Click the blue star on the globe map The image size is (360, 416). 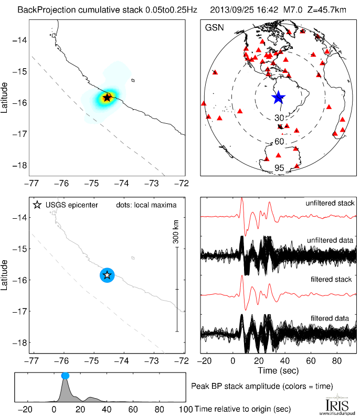(278, 97)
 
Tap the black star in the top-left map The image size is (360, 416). (107, 97)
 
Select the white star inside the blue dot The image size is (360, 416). (107, 274)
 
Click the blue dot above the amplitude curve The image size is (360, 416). (65, 376)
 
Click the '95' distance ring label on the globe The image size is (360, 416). (279, 168)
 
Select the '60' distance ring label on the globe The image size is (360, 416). (279, 142)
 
